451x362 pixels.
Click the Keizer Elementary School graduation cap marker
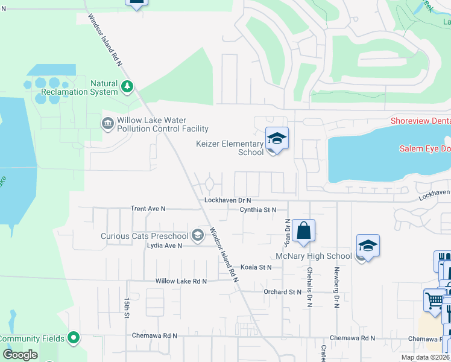click(277, 139)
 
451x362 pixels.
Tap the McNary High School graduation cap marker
click(368, 246)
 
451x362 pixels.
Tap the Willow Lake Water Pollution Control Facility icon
click(108, 124)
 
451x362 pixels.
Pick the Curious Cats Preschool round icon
click(197, 235)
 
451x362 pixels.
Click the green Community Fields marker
click(74, 337)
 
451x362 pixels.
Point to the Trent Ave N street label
click(148, 209)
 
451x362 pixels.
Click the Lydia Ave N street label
click(165, 246)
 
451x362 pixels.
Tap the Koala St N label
click(256, 267)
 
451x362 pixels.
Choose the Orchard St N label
click(282, 292)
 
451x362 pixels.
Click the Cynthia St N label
click(257, 210)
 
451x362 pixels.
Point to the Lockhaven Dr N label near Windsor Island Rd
click(227, 200)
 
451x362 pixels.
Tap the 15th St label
click(127, 307)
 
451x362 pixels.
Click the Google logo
click(21, 355)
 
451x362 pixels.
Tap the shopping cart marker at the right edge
click(434, 300)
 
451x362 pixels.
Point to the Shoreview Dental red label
click(420, 121)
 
